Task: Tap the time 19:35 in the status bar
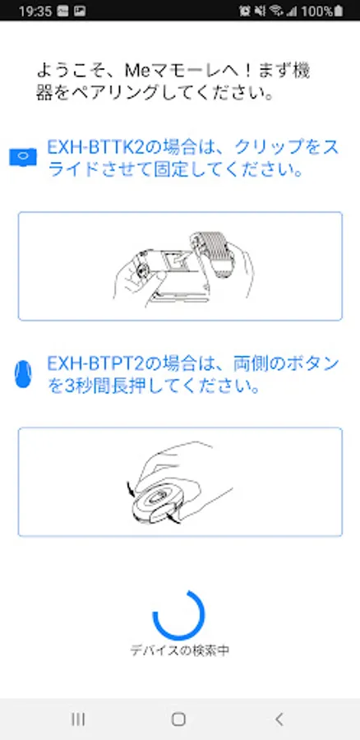[35, 12]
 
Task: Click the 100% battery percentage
[316, 12]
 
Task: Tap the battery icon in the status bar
[338, 12]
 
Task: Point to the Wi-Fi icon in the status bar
[276, 11]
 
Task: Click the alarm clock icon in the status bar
[244, 11]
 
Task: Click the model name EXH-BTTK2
[94, 148]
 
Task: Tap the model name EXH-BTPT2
[94, 364]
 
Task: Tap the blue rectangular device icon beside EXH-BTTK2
[23, 157]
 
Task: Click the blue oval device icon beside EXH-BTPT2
[23, 374]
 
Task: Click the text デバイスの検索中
[180, 650]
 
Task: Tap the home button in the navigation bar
[178, 719]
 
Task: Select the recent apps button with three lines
[78, 719]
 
